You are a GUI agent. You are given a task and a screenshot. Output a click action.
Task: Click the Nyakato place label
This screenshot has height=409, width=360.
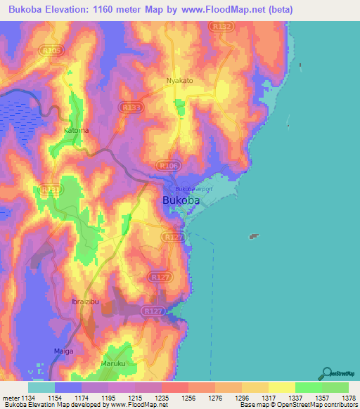(x=180, y=81)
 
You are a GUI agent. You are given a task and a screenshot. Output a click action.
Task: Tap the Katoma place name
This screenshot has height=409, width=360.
(x=77, y=130)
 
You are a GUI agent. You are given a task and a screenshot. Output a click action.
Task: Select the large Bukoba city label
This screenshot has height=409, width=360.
(x=181, y=200)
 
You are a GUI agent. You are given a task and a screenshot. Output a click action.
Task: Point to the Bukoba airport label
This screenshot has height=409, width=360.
(x=193, y=189)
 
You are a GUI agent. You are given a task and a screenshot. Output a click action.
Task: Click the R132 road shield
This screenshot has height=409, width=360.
(x=221, y=27)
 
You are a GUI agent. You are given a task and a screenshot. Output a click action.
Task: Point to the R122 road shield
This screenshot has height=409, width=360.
(x=172, y=238)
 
